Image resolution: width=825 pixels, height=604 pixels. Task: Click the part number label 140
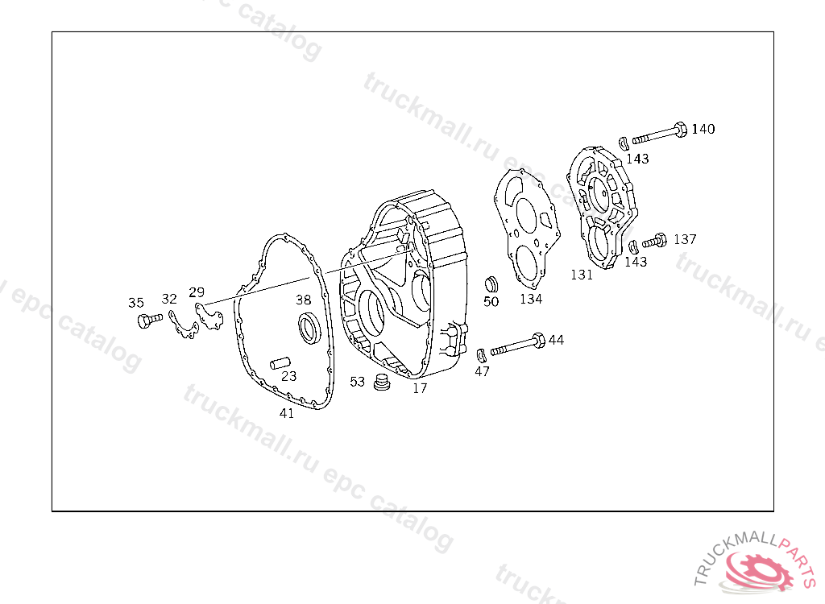[703, 129]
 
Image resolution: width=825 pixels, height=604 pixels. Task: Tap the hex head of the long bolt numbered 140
[680, 130]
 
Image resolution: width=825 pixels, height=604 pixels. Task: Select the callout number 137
[685, 239]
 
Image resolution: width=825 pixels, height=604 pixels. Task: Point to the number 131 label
[582, 275]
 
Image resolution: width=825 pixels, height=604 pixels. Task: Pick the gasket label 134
[531, 299]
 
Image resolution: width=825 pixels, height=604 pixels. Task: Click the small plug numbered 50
[491, 283]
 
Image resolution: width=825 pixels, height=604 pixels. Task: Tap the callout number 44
[556, 340]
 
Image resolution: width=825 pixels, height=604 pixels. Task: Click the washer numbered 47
[482, 355]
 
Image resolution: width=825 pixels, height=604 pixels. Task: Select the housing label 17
[420, 388]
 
